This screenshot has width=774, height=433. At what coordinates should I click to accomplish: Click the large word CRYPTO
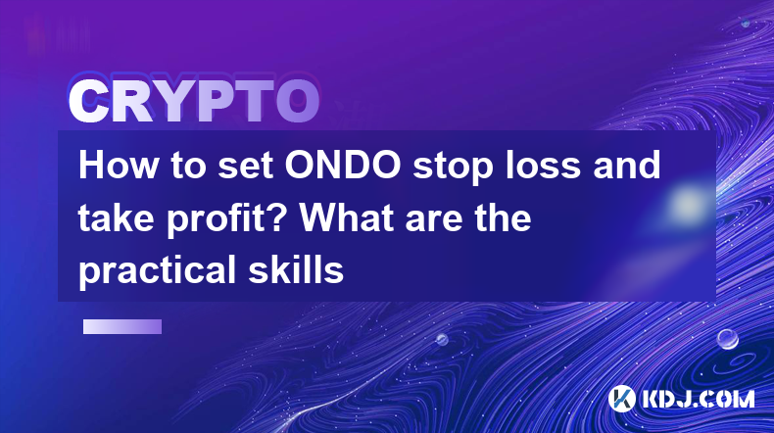pyautogui.click(x=194, y=101)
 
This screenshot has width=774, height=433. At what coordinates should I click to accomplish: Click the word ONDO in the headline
pyautogui.click(x=343, y=165)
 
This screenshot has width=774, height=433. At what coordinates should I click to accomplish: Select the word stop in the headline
pyautogui.click(x=454, y=168)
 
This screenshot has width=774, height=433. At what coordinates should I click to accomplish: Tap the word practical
pyautogui.click(x=158, y=271)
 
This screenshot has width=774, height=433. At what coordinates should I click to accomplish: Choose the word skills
pyautogui.click(x=296, y=269)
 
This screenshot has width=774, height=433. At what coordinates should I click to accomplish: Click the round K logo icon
pyautogui.click(x=621, y=399)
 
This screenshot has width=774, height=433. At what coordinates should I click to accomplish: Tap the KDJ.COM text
pyautogui.click(x=698, y=399)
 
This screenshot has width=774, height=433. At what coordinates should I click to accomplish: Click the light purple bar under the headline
pyautogui.click(x=122, y=326)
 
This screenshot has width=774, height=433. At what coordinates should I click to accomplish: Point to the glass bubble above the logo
pyautogui.click(x=727, y=339)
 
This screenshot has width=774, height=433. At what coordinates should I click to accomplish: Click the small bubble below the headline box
pyautogui.click(x=442, y=339)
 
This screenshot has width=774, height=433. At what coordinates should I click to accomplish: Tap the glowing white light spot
pyautogui.click(x=688, y=204)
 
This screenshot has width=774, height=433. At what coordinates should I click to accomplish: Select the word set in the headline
pyautogui.click(x=246, y=167)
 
